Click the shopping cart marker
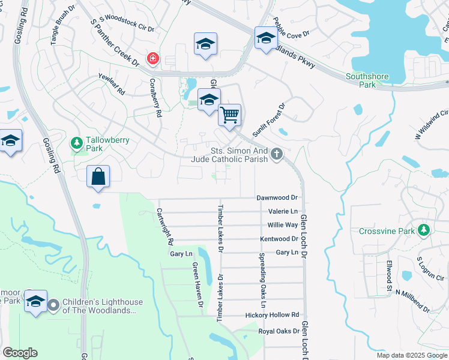coord(229,115)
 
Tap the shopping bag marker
coord(98,177)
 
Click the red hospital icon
coord(154,58)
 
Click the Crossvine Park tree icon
coord(424,230)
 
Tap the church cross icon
coord(276,154)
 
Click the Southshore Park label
coord(367,80)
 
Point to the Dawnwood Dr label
coord(277,197)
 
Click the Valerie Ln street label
coord(283,211)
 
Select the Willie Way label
coord(283,225)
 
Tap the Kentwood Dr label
coord(279,239)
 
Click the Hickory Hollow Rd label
coord(272,315)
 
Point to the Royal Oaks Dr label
coord(279,331)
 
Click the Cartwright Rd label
coord(165,226)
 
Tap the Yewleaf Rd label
coord(111,85)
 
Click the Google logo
coord(20,353)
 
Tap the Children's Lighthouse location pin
coord(53,306)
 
